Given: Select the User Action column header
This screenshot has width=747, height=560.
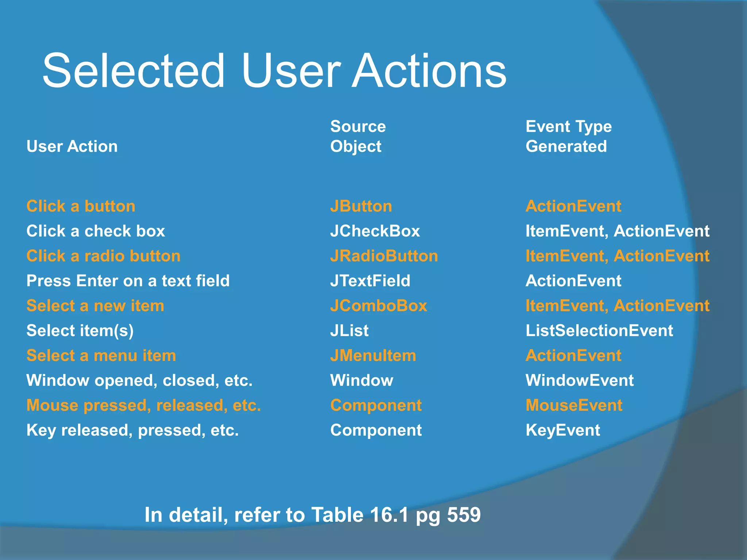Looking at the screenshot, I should [x=72, y=147].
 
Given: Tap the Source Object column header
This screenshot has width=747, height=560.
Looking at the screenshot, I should [x=357, y=136].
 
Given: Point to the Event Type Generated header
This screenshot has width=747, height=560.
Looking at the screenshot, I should [x=568, y=136].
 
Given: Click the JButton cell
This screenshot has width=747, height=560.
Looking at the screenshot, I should [x=361, y=206].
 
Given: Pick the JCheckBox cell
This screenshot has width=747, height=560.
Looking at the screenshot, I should [x=375, y=231].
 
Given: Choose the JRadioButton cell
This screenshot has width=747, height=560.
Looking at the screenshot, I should [x=384, y=256].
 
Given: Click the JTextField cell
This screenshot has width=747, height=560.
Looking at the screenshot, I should [x=370, y=281].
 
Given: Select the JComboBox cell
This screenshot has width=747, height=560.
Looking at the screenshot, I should [x=378, y=306].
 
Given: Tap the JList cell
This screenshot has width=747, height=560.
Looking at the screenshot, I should [x=349, y=331].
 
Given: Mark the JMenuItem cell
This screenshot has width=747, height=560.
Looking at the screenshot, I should [x=373, y=355].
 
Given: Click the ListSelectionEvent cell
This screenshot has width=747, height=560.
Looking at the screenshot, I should [x=599, y=331].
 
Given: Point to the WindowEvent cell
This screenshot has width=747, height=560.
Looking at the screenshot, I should [x=579, y=381].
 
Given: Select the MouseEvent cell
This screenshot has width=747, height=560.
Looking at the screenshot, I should [x=574, y=405].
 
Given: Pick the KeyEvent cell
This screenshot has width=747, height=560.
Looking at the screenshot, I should [x=562, y=430].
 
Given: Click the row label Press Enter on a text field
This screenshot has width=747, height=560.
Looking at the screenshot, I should [x=128, y=281].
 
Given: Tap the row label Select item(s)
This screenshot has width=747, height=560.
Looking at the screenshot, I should [x=80, y=331].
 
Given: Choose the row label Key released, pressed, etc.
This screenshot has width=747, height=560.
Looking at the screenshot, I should [x=132, y=430].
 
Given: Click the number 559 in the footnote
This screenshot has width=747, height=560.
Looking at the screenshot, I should [x=464, y=515].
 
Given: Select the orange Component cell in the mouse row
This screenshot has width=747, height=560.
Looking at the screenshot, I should [x=376, y=405].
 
